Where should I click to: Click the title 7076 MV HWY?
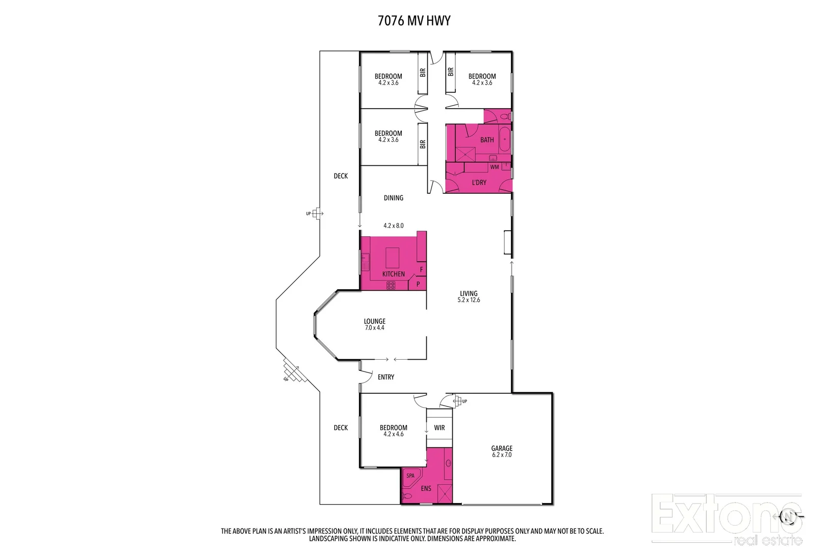(414, 21)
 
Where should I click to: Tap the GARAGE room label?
(502, 448)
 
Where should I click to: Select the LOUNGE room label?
(375, 321)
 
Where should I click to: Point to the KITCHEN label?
(394, 274)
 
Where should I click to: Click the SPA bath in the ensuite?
(411, 476)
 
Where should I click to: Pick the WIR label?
(440, 428)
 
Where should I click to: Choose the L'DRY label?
(479, 182)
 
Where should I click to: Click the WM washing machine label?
(494, 167)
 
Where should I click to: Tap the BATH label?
(487, 140)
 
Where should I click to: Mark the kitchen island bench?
(393, 258)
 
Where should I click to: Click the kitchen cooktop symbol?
(391, 286)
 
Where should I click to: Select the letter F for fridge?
(421, 269)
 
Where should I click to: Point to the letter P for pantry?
(418, 284)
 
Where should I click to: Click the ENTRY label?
(386, 377)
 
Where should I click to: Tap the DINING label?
(394, 198)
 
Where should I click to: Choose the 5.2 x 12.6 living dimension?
(469, 300)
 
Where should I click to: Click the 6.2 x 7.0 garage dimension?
(502, 455)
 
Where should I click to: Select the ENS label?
(426, 488)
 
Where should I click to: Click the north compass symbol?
(788, 516)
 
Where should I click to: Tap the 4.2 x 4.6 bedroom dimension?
(394, 434)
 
